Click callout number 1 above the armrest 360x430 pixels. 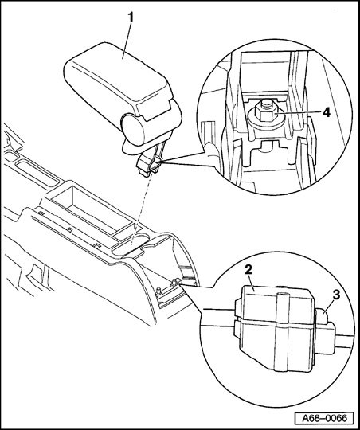pyautogui.click(x=131, y=17)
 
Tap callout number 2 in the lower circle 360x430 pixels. pyautogui.click(x=248, y=270)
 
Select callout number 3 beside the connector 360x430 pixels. pyautogui.click(x=336, y=295)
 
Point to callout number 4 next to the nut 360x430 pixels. pyautogui.click(x=327, y=112)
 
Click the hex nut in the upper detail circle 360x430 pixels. pyautogui.click(x=264, y=113)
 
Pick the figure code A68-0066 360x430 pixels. pyautogui.click(x=325, y=419)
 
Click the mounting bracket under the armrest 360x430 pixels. pyautogui.click(x=151, y=162)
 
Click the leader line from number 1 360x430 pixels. pyautogui.click(x=127, y=41)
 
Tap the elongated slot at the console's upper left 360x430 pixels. pyautogui.click(x=37, y=174)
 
